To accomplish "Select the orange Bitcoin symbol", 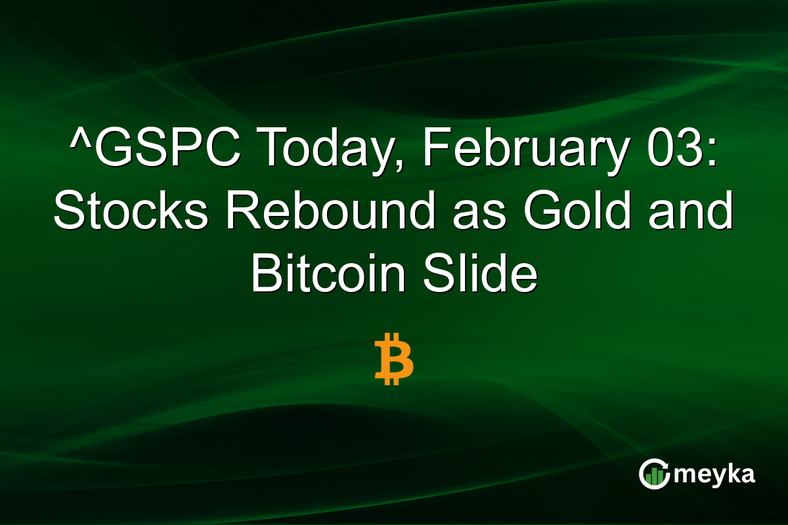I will pos(394,358).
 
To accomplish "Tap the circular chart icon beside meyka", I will pos(653,474).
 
